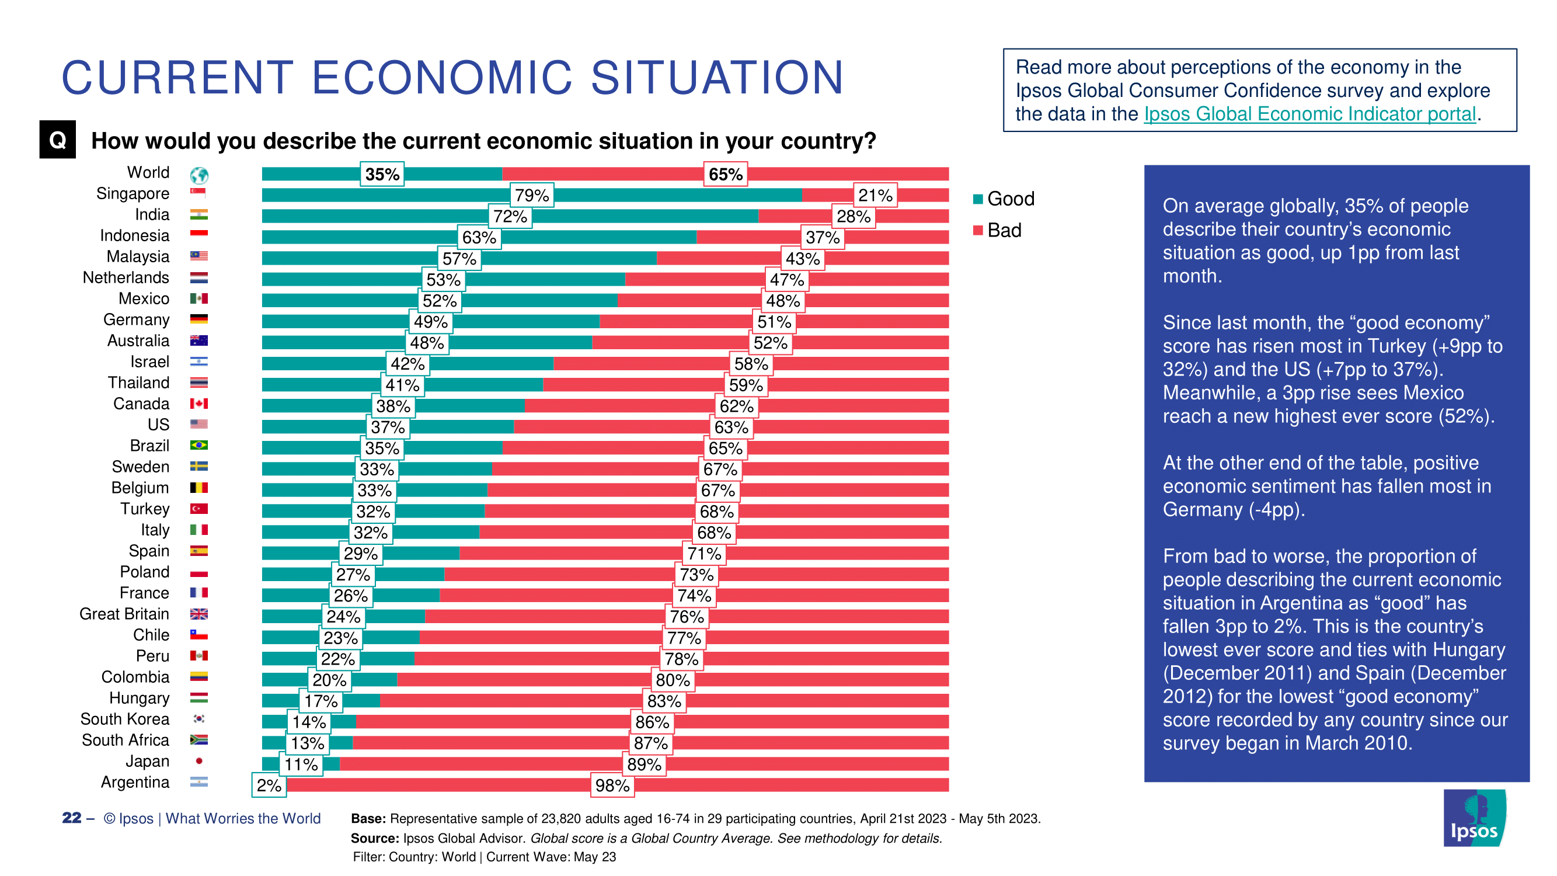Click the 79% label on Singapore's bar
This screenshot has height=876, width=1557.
pos(531,195)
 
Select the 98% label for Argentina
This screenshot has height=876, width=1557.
pos(612,785)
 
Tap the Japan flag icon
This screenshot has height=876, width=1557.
pos(199,761)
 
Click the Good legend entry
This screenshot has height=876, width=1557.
pos(1004,199)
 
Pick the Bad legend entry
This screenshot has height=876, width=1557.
pos(997,230)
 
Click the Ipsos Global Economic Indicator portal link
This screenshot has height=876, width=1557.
pos(1310,114)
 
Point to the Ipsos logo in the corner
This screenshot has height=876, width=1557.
pos(1474,818)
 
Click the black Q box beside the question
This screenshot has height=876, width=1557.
pos(57,140)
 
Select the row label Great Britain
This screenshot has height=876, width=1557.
pos(124,614)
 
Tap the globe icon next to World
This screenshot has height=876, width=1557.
pos(199,175)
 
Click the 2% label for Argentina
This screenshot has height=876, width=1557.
pos(269,785)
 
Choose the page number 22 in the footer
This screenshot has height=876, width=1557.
pos(71,818)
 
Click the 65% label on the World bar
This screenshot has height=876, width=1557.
pos(725,174)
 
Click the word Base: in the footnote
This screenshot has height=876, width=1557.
pos(368,819)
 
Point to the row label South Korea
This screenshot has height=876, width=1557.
pos(125,719)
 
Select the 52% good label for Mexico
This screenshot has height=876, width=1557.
pos(440,301)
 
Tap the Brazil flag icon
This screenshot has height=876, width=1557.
pos(199,446)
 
